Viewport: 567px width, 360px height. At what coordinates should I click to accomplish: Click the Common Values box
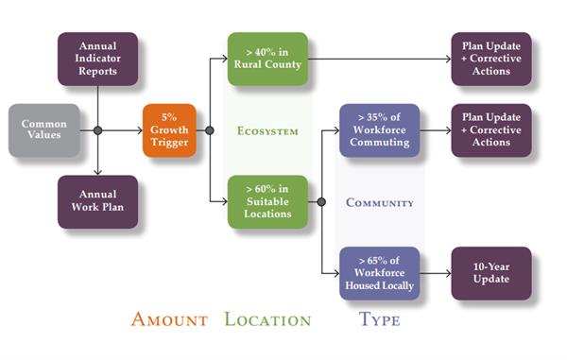click(x=43, y=130)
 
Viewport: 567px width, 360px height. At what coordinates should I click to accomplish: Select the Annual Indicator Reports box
click(x=97, y=59)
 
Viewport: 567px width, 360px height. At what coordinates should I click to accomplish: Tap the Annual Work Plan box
click(x=97, y=201)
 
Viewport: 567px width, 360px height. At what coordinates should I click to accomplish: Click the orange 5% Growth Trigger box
click(x=169, y=130)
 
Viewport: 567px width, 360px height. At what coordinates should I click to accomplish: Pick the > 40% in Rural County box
click(x=266, y=59)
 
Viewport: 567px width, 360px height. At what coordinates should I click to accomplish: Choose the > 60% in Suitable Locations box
click(x=266, y=201)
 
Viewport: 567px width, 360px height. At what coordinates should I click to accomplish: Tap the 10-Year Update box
click(x=491, y=273)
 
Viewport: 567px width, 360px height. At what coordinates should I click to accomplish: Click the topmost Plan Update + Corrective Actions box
click(x=491, y=59)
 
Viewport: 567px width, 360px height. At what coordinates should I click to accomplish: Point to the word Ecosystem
click(x=266, y=130)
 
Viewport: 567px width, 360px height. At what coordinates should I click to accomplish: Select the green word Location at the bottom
click(x=267, y=319)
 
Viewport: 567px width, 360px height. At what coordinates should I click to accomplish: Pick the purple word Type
click(x=379, y=319)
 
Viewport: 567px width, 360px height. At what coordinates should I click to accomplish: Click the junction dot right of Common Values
click(x=97, y=130)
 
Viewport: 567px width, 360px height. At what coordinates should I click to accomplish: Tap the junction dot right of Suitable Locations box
click(x=322, y=201)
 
